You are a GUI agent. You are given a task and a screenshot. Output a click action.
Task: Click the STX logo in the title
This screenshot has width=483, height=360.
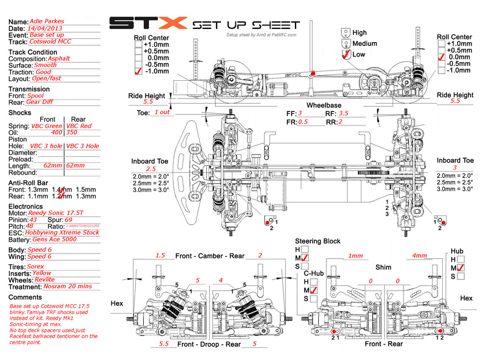pos(147,23)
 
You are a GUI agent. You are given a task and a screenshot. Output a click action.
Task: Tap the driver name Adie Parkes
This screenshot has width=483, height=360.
pos(48,21)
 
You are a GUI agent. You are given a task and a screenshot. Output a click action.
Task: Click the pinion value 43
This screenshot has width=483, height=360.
pos(34,219)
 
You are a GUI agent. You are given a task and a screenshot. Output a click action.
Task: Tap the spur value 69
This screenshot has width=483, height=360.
pos(68,219)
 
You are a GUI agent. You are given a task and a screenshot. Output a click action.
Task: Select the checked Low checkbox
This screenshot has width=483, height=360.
pos(345,55)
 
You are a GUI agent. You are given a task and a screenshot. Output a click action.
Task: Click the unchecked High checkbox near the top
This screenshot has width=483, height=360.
pos(345,32)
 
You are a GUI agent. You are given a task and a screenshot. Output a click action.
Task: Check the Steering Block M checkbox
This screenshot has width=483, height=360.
pos(306,258)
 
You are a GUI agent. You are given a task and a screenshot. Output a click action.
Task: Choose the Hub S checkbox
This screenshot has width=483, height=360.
pos(461,276)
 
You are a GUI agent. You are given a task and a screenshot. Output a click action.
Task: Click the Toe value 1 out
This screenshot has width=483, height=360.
pos(162,112)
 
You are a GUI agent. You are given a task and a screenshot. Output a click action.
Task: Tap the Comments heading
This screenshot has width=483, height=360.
pos(26,297)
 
